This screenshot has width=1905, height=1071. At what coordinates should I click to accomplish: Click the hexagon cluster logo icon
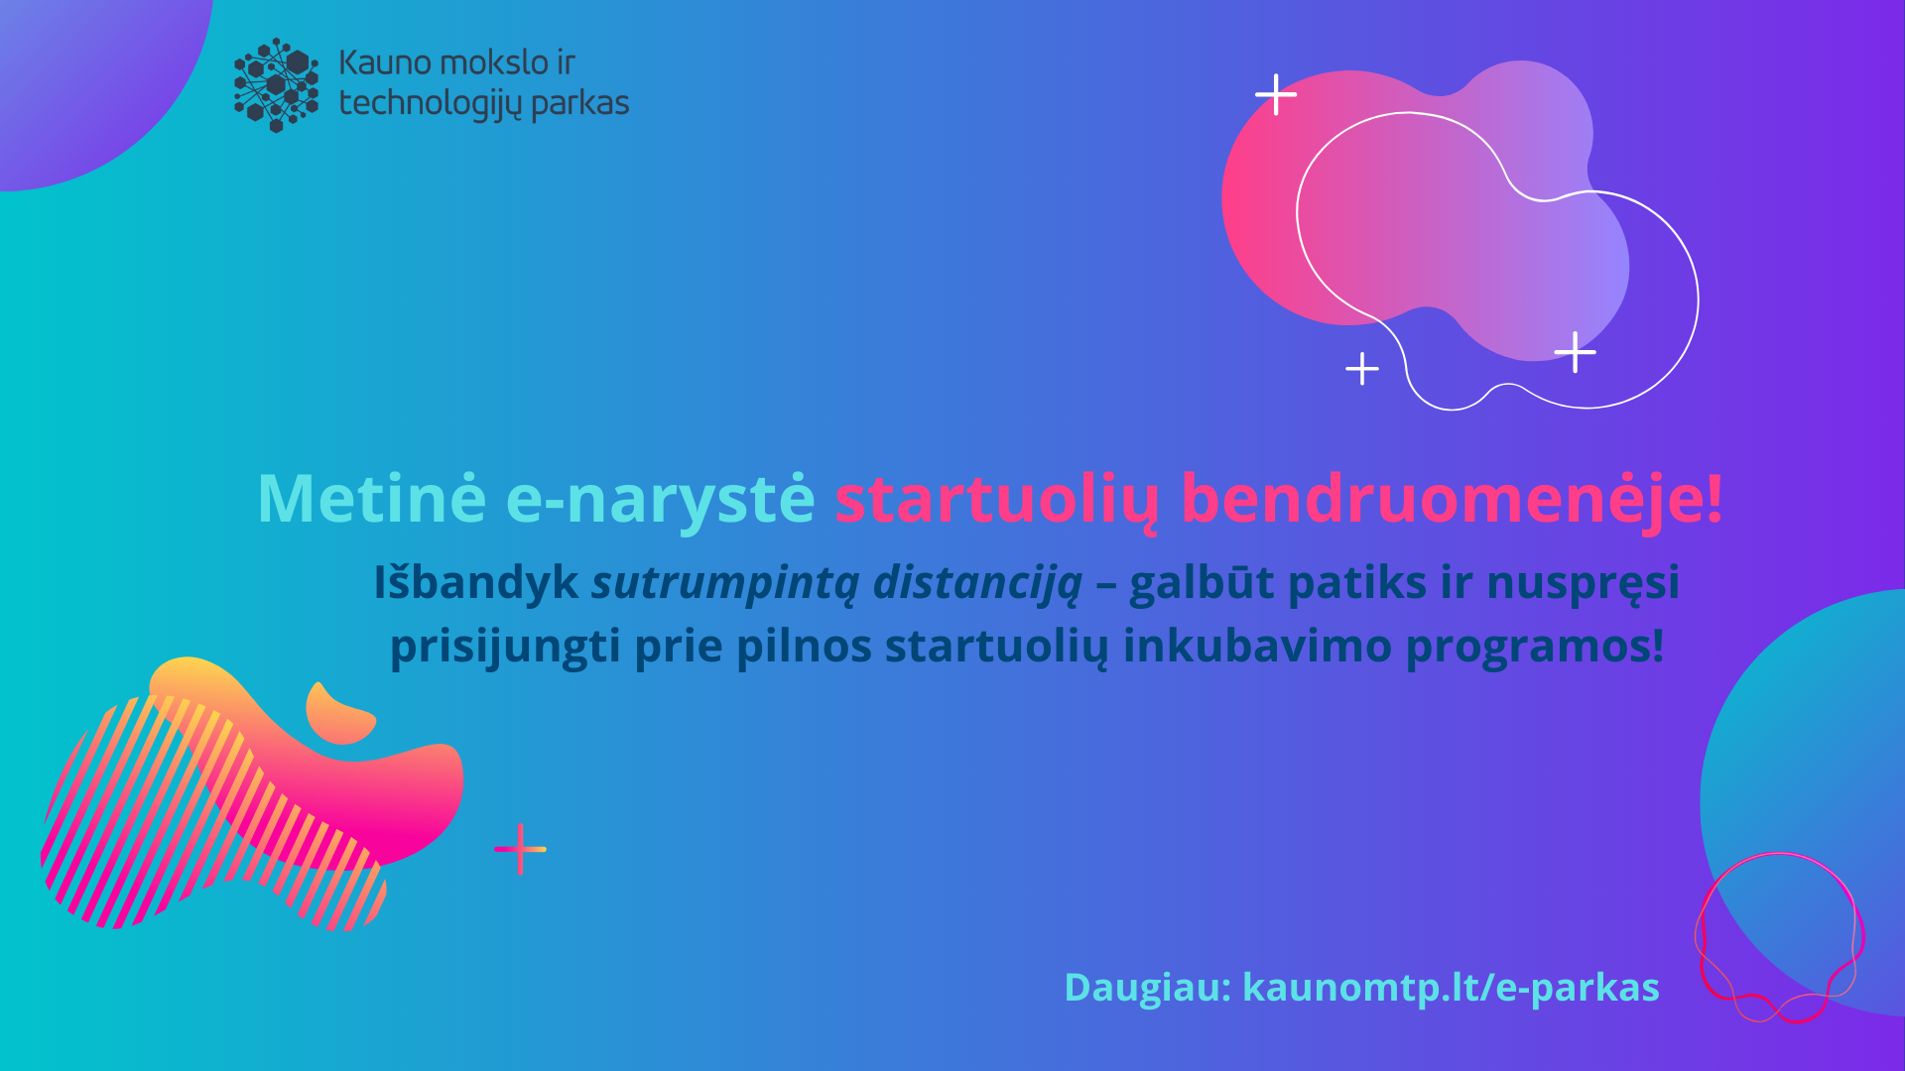click(276, 84)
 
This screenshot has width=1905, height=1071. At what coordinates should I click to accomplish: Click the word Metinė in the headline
click(372, 498)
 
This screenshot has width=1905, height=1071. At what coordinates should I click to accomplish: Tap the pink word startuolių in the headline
click(996, 499)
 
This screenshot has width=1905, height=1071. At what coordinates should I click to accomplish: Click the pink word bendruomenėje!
click(1452, 499)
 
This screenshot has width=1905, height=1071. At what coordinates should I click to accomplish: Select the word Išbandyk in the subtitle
click(476, 583)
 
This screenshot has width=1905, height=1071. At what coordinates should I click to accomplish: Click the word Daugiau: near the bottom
click(1148, 989)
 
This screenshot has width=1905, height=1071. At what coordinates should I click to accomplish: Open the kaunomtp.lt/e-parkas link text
click(1451, 989)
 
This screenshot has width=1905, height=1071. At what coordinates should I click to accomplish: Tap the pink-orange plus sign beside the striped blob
click(520, 849)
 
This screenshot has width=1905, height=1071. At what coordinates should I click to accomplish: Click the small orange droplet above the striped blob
click(337, 713)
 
